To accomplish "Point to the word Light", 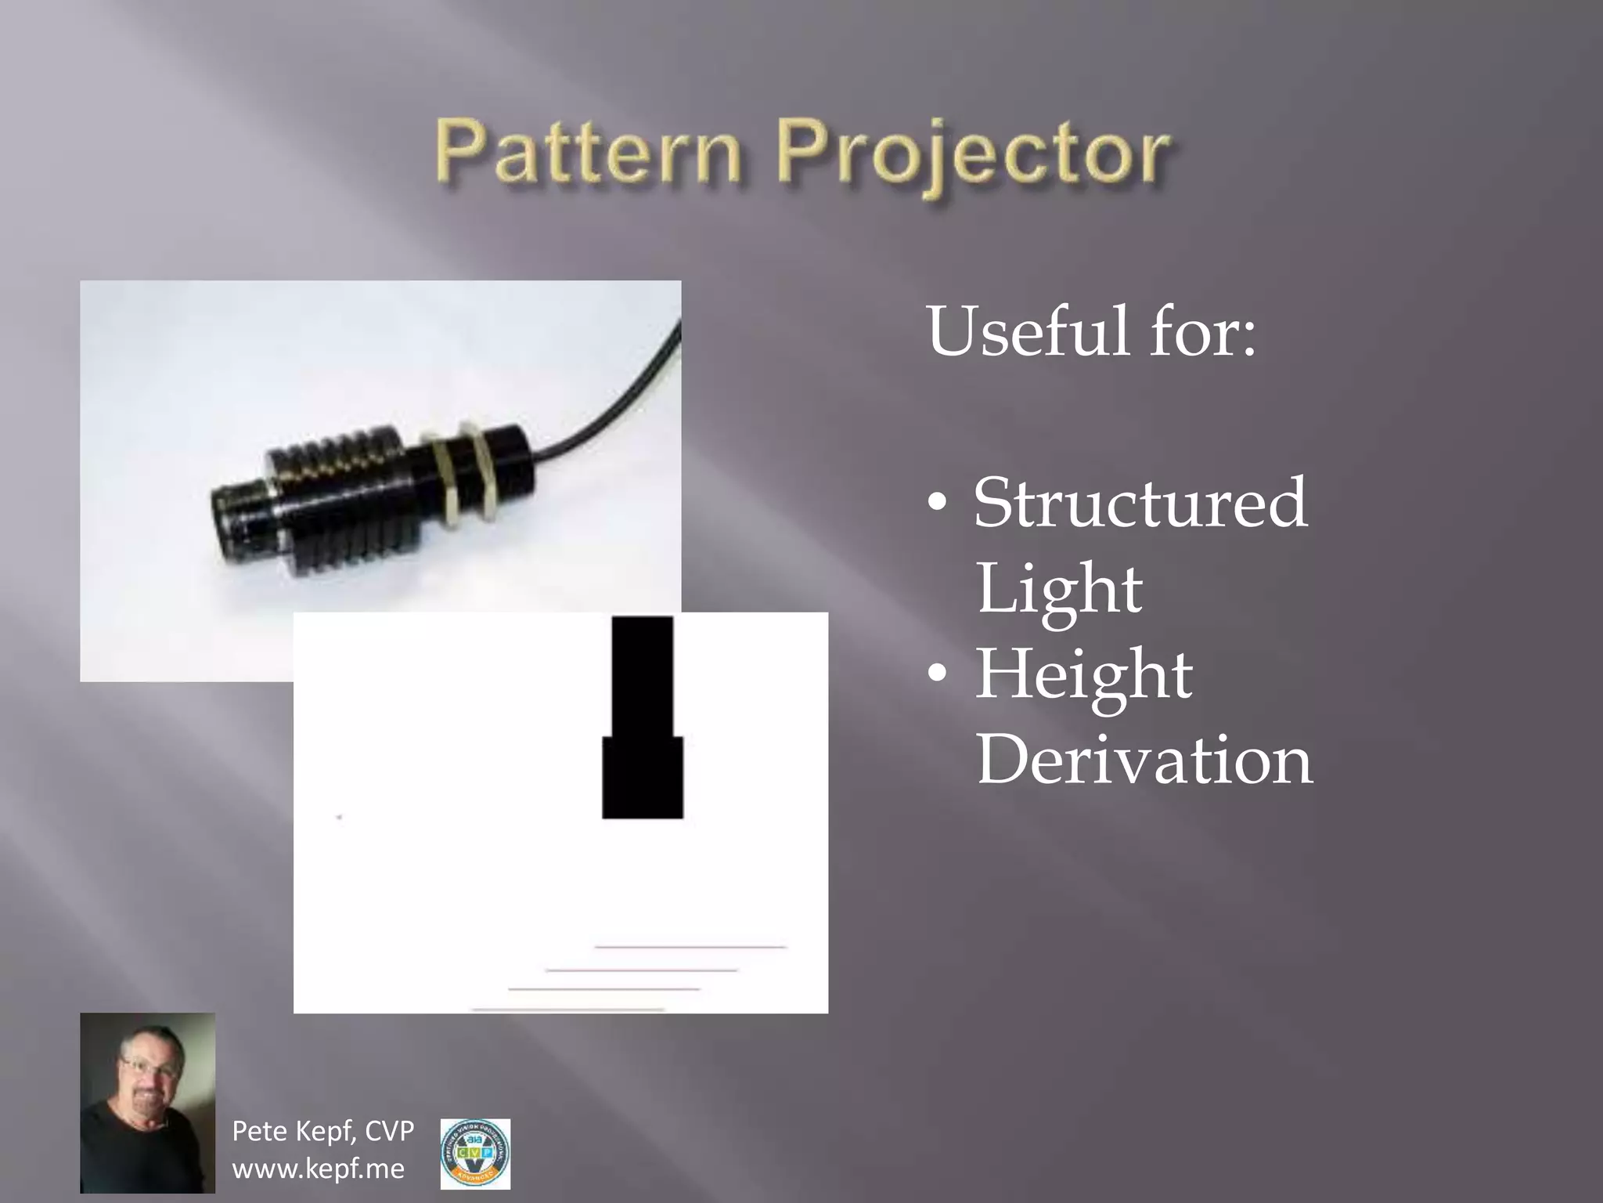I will click(x=1059, y=589).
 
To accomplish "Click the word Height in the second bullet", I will click(x=1084, y=674).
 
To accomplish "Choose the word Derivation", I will click(x=1144, y=760).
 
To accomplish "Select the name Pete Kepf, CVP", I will click(x=323, y=1131).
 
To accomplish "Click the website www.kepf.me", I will click(x=319, y=1169).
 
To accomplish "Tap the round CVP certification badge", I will click(x=475, y=1154).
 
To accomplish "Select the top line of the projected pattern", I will click(x=690, y=947).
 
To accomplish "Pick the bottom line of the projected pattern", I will click(x=568, y=1010).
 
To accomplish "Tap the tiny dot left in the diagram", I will click(x=339, y=817).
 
